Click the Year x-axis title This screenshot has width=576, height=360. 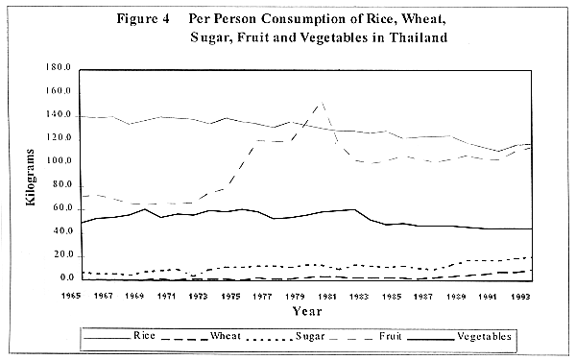(x=306, y=312)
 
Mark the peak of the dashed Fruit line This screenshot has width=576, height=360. (x=321, y=102)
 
